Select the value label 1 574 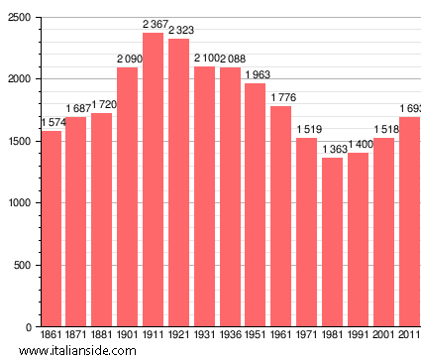coord(53,123)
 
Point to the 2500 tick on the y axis coord(18,18)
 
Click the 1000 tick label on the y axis coord(18,203)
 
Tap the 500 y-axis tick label coord(21,265)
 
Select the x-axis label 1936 coord(230,336)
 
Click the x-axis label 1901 coord(128,336)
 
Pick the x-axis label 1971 coord(306,336)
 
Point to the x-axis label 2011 coord(408,336)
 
